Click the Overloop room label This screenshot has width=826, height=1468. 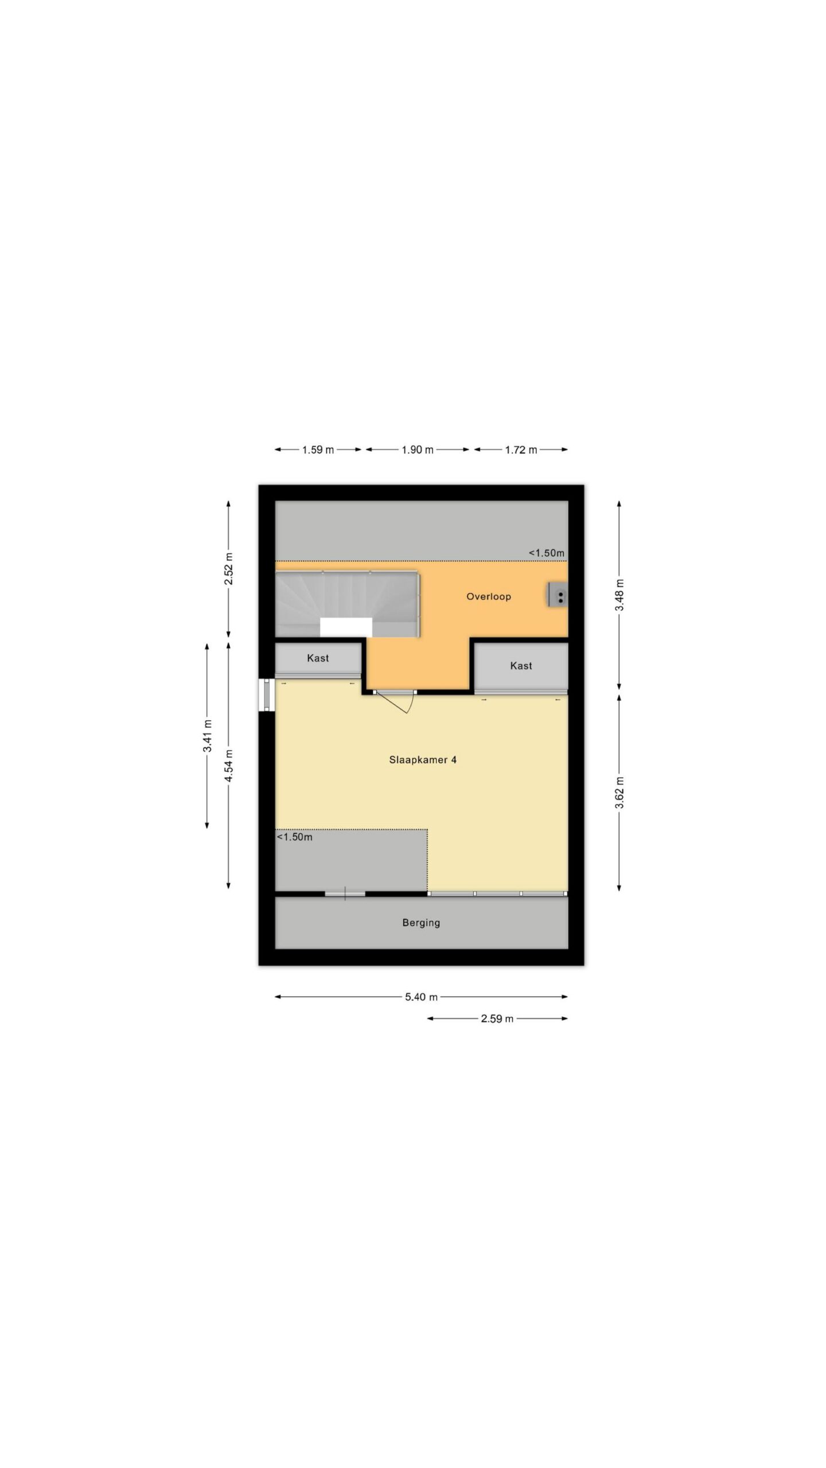(488, 596)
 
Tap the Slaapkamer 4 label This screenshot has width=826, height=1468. (423, 760)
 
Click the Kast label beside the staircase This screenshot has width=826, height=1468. (318, 658)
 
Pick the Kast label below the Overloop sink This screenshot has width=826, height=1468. (521, 666)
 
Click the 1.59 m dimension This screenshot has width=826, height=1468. (318, 450)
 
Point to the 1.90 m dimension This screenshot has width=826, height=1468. (417, 450)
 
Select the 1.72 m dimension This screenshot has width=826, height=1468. (521, 450)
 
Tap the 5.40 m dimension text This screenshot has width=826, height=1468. (421, 997)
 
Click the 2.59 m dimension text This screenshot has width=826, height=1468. (497, 1019)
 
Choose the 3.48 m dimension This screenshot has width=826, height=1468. (619, 595)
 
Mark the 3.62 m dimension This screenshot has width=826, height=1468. (619, 792)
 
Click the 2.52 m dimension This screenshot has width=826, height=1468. (229, 569)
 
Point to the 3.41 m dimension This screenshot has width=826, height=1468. (208, 736)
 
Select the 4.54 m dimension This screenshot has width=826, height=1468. (229, 766)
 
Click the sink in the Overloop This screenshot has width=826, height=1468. (558, 594)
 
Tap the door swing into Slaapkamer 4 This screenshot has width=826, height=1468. (406, 702)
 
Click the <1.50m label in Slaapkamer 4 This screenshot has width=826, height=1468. (295, 837)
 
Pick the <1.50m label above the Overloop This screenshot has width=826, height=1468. (547, 553)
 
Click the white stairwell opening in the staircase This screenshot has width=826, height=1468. (346, 627)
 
